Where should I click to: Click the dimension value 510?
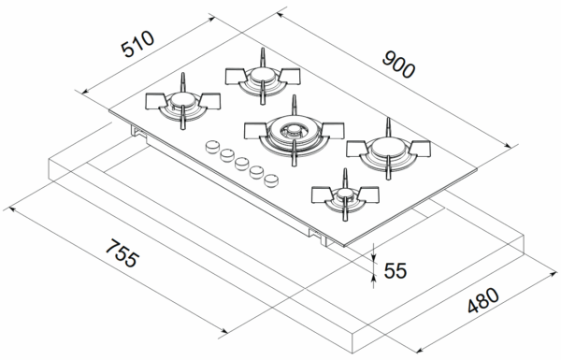pyautogui.click(x=137, y=44)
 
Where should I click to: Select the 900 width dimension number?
pyautogui.click(x=398, y=65)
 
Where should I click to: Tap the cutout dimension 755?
pyautogui.click(x=122, y=252)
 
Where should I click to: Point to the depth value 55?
pyautogui.click(x=395, y=270)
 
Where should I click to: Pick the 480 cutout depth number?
pyautogui.click(x=483, y=300)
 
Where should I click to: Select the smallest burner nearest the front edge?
pyautogui.click(x=345, y=196)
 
